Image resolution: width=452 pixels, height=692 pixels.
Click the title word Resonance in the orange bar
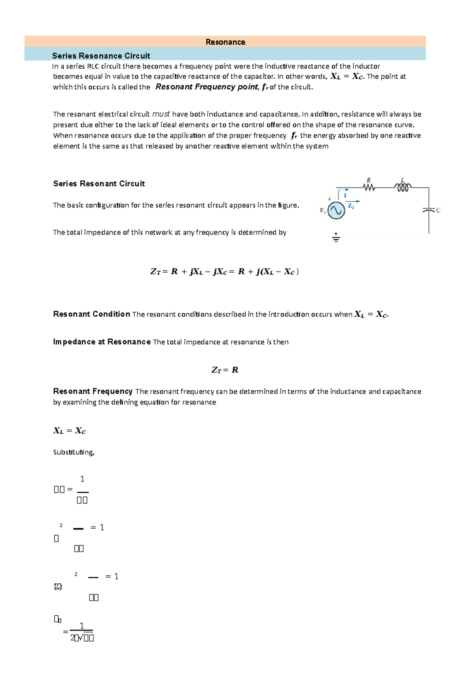coord(225,42)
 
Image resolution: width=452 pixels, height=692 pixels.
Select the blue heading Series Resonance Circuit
coord(101,56)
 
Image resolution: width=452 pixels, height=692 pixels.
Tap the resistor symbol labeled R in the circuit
coord(369,187)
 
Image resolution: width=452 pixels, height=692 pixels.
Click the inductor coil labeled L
coord(403,187)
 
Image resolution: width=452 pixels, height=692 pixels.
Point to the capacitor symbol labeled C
coord(429,210)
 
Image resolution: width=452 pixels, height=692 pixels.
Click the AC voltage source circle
coord(336,210)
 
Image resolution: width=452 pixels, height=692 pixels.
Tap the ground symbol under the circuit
coord(336,238)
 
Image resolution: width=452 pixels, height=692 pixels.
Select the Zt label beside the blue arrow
coord(351,206)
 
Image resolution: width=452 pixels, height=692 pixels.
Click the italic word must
coord(161,114)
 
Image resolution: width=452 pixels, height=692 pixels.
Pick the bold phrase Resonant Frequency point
coord(206,87)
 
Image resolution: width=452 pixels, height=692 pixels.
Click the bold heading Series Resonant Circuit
coord(99,184)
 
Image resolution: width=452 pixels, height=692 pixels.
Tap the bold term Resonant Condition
coord(92,314)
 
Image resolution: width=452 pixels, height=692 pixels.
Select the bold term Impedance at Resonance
coord(102,342)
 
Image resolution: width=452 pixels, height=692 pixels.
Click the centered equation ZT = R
coord(225,370)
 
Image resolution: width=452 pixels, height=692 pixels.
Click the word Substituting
coord(73,452)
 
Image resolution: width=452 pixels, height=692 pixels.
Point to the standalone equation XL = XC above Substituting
coord(70,431)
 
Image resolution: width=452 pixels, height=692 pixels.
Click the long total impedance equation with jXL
coord(224,272)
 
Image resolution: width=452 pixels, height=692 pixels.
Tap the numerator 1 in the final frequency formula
coord(82,626)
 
